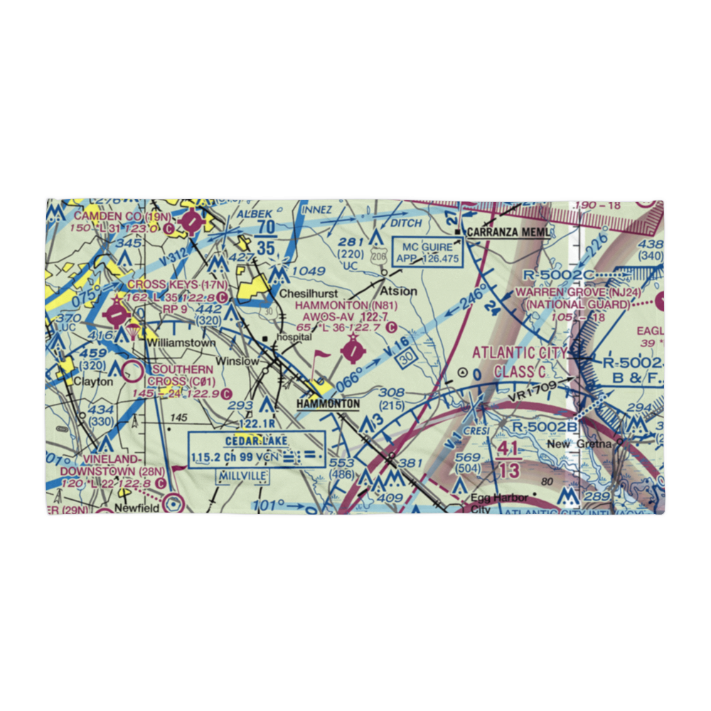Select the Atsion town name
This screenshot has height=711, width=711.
tap(399, 291)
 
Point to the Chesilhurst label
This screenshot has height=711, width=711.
tap(308, 293)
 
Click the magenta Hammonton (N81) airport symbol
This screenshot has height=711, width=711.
tap(352, 351)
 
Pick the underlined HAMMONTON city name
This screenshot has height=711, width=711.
tap(328, 404)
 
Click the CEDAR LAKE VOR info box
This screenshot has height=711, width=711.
tap(257, 449)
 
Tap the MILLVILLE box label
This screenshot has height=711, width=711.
tap(243, 475)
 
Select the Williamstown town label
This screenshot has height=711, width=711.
tap(181, 343)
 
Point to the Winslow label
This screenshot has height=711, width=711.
tap(237, 361)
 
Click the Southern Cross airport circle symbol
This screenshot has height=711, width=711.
tap(132, 370)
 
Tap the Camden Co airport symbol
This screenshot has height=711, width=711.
tap(191, 223)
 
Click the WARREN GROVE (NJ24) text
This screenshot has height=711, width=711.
tap(582, 292)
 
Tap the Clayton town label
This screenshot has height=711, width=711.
tap(94, 381)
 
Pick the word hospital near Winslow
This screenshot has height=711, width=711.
tap(295, 337)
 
